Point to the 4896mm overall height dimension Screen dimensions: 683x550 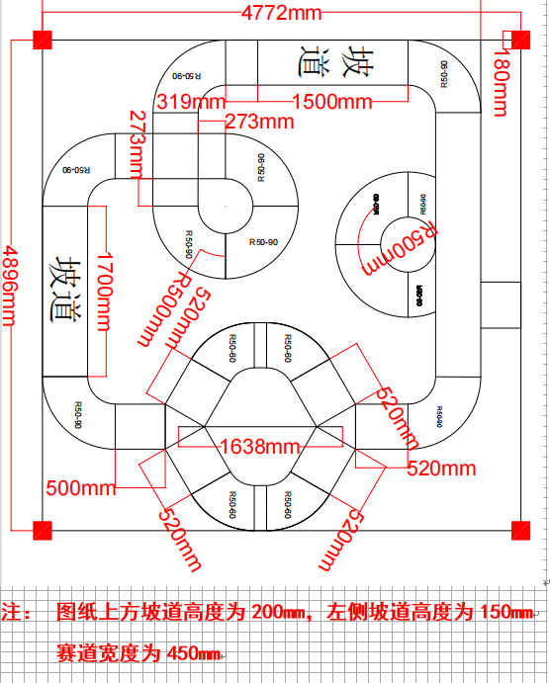click(13, 283)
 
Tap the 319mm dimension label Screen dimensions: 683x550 click(189, 102)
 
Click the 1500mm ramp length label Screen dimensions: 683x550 click(331, 102)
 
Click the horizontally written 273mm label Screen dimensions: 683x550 click(258, 122)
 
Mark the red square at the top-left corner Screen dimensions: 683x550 click(43, 41)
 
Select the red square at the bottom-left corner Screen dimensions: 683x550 click(43, 529)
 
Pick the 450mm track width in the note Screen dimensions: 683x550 click(189, 653)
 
